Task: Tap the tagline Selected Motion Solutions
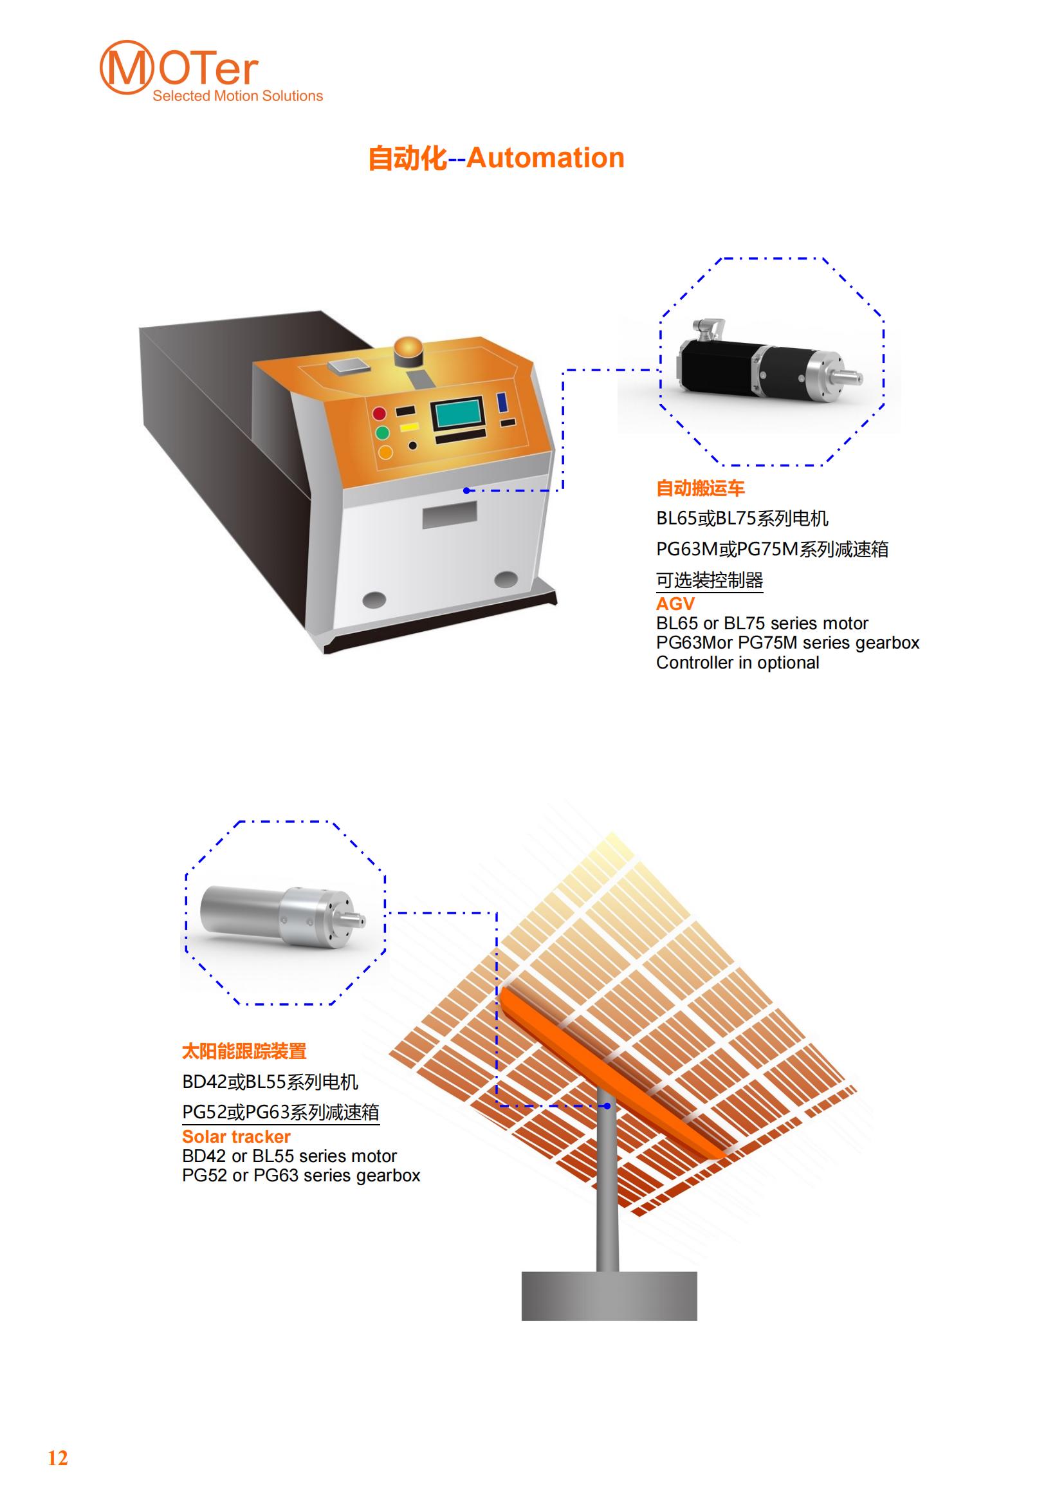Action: click(238, 96)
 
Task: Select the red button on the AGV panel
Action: click(380, 414)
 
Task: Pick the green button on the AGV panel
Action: click(382, 432)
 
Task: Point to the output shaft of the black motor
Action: click(849, 378)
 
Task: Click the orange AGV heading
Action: click(675, 604)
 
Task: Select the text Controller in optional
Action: click(738, 663)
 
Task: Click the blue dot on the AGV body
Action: click(466, 490)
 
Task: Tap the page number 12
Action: click(58, 1458)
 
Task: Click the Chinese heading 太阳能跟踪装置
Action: click(244, 1052)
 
